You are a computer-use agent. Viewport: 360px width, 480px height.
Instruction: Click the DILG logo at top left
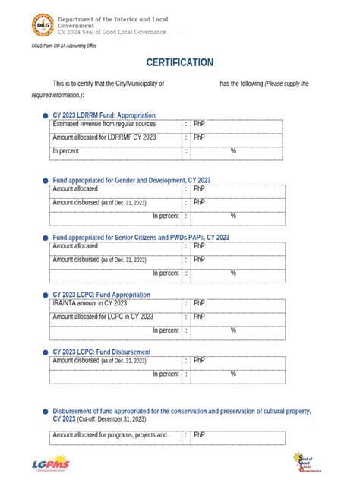[x=42, y=26]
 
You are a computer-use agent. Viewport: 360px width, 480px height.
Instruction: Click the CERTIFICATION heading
[x=180, y=62]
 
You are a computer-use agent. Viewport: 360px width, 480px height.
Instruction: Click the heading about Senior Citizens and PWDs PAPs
[x=141, y=238]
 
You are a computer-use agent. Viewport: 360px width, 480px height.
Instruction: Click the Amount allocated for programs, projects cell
[x=109, y=435]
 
